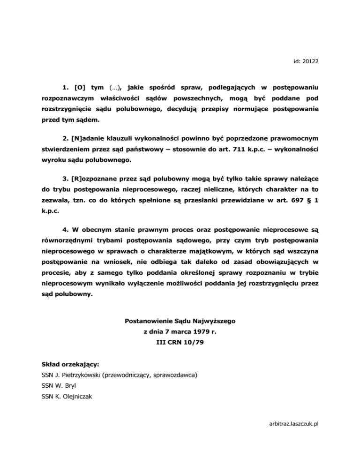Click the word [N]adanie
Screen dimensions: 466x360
pos(88,138)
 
